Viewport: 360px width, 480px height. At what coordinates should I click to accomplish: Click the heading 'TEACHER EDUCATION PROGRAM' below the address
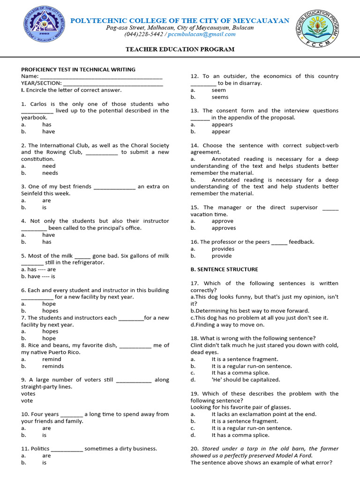pyautogui.click(x=180, y=49)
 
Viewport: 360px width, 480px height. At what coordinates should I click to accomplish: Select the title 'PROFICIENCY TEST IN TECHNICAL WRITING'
pyautogui.click(x=78, y=69)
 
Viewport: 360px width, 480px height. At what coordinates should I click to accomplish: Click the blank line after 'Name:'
pyautogui.click(x=101, y=76)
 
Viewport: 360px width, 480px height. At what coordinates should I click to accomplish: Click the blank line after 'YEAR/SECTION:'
pyautogui.click(x=113, y=83)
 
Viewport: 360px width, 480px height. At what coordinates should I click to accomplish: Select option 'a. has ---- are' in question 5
pyautogui.click(x=38, y=270)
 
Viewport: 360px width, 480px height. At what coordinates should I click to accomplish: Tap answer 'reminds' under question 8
pyautogui.click(x=53, y=366)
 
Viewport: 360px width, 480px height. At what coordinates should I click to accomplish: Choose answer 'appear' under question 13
pyautogui.click(x=221, y=132)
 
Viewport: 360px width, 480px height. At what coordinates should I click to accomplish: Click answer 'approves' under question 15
pyautogui.click(x=224, y=228)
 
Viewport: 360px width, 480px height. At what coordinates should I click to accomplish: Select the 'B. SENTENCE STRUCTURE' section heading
pyautogui.click(x=224, y=270)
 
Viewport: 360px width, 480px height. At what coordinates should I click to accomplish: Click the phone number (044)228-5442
pyautogui.click(x=144, y=34)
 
